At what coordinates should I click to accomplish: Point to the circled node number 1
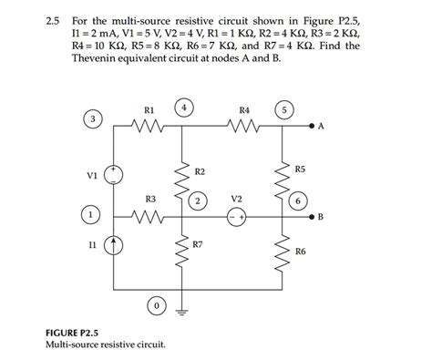click(93, 215)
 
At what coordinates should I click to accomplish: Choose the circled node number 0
click(158, 303)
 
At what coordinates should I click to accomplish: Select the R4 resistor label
click(243, 111)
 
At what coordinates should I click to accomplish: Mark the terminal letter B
click(320, 217)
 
